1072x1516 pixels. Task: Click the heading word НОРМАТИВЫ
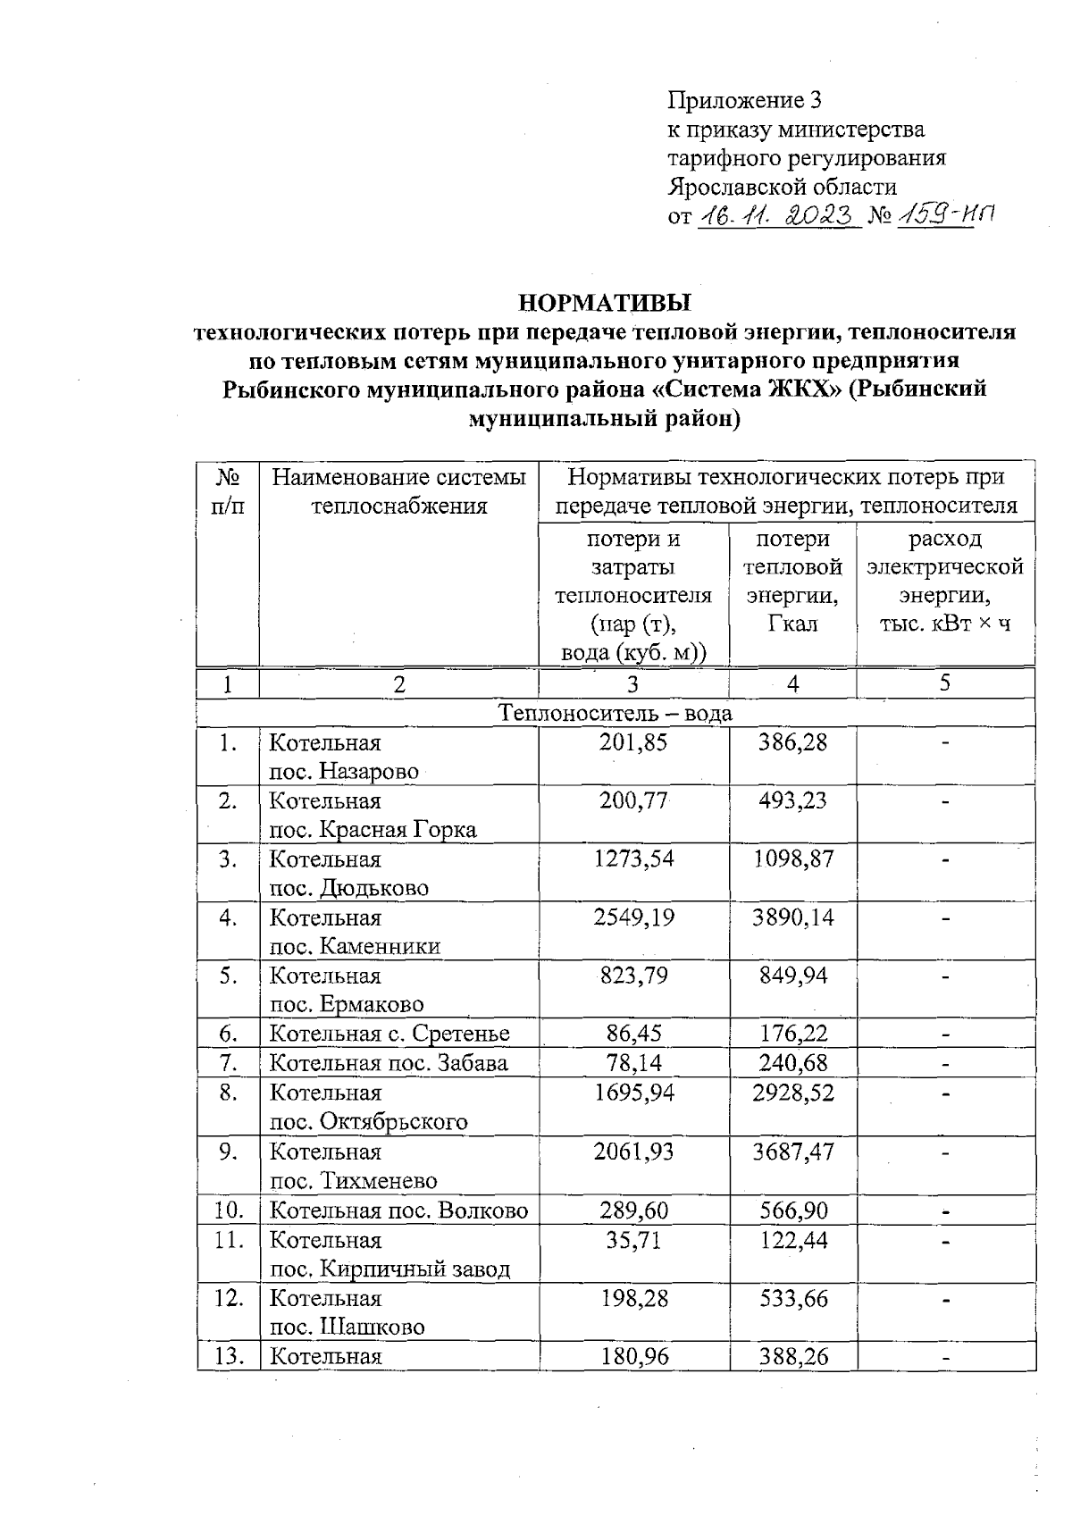pyautogui.click(x=606, y=301)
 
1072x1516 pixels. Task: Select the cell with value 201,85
pyautogui.click(x=632, y=742)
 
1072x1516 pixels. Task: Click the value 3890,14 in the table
pyautogui.click(x=792, y=917)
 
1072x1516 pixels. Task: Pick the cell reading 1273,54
pyautogui.click(x=632, y=859)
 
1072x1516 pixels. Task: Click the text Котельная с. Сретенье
pyautogui.click(x=389, y=1034)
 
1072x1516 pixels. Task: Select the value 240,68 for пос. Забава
pyautogui.click(x=792, y=1063)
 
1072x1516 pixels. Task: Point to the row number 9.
pyautogui.click(x=227, y=1152)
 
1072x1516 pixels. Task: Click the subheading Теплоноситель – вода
pyautogui.click(x=616, y=713)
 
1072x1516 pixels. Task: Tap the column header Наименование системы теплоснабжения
pyautogui.click(x=398, y=492)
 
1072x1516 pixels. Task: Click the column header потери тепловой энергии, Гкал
pyautogui.click(x=792, y=581)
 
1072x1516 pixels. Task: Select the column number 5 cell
pyautogui.click(x=944, y=683)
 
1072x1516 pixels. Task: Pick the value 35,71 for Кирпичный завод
pyautogui.click(x=632, y=1240)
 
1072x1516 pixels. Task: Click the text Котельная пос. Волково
pyautogui.click(x=398, y=1210)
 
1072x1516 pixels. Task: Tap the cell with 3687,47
pyautogui.click(x=792, y=1152)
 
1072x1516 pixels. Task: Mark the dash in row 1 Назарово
pyautogui.click(x=945, y=743)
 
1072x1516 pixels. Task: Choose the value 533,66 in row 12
pyautogui.click(x=792, y=1298)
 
